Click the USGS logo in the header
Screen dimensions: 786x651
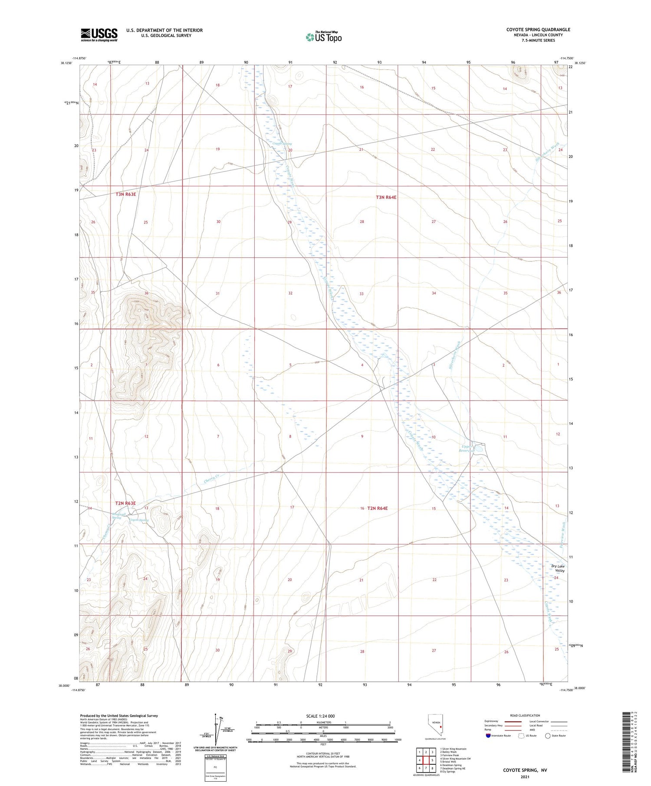click(99, 35)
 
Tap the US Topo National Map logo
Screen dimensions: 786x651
click(323, 37)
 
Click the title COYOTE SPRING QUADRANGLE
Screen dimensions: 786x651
click(538, 29)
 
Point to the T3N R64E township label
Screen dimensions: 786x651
click(386, 197)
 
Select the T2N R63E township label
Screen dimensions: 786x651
click(125, 503)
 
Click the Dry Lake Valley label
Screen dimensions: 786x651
click(558, 568)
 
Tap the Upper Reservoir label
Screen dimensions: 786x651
click(467, 448)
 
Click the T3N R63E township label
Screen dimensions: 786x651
click(126, 194)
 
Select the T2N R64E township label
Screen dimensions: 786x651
click(377, 508)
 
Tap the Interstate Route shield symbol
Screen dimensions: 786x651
click(488, 736)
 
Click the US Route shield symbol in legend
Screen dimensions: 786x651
click(521, 736)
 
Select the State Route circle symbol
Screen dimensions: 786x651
click(548, 736)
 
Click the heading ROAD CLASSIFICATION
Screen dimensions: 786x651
click(525, 715)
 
